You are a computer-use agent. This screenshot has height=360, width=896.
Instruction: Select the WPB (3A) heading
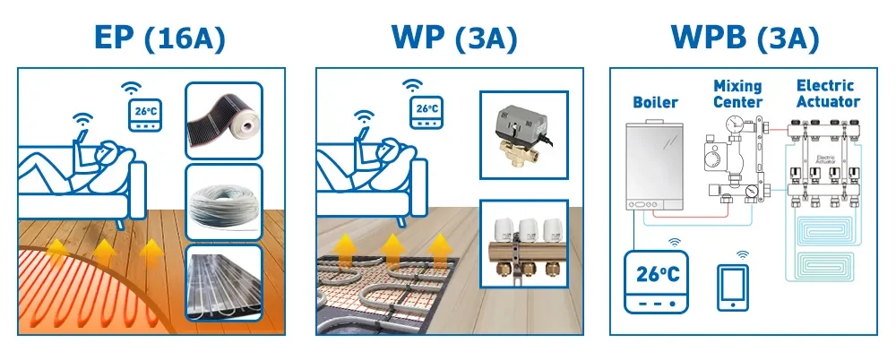[745, 38]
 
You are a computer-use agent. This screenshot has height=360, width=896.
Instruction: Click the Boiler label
[656, 103]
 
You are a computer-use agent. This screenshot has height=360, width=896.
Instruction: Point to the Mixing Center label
[737, 94]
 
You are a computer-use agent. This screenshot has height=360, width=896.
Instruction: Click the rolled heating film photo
[222, 120]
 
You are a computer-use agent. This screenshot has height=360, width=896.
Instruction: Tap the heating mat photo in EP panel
[222, 281]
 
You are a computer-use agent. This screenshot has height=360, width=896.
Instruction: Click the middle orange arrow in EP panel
[105, 253]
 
